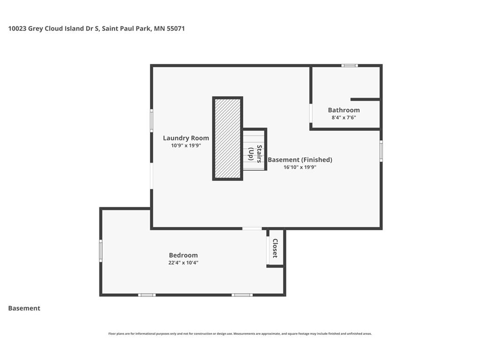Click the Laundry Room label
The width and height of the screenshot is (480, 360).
pyautogui.click(x=186, y=138)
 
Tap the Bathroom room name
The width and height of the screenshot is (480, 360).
pyautogui.click(x=344, y=110)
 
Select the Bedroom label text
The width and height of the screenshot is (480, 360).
pyautogui.click(x=183, y=255)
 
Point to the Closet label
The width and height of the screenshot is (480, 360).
pyautogui.click(x=275, y=248)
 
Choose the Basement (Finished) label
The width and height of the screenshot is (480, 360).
pyautogui.click(x=300, y=160)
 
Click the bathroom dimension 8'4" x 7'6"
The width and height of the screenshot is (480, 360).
pyautogui.click(x=344, y=118)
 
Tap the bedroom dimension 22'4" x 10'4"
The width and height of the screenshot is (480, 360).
pyautogui.click(x=183, y=262)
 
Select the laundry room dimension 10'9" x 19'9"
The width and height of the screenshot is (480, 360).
pyautogui.click(x=186, y=145)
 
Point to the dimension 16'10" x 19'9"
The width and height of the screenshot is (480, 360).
pyautogui.click(x=300, y=167)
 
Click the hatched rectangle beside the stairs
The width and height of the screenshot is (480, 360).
pyautogui.click(x=227, y=139)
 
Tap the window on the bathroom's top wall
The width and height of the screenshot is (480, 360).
pyautogui.click(x=350, y=66)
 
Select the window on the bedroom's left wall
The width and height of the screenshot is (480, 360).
pyautogui.click(x=101, y=251)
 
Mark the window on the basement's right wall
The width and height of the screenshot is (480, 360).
pyautogui.click(x=381, y=151)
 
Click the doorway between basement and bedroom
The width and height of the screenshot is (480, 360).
pyautogui.click(x=252, y=229)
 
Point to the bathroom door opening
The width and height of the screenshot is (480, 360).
pyautogui.click(x=311, y=113)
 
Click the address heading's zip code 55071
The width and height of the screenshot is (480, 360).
pyautogui.click(x=176, y=29)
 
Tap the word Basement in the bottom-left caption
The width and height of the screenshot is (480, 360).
pyautogui.click(x=24, y=308)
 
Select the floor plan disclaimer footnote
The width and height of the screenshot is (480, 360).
pyautogui.click(x=240, y=334)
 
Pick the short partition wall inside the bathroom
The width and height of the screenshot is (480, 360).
pyautogui.click(x=365, y=99)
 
